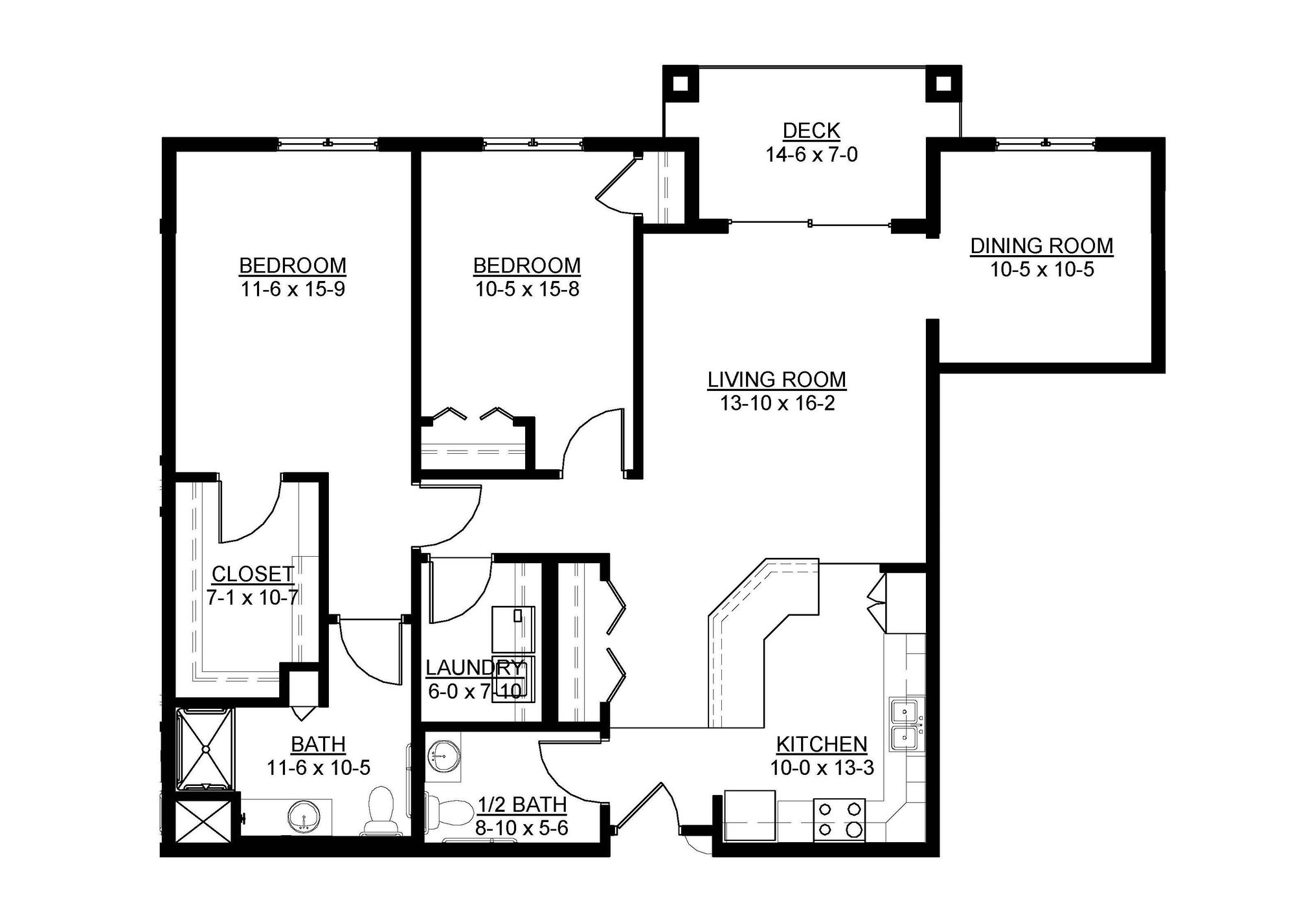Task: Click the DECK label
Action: [811, 131]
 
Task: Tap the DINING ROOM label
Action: [1041, 246]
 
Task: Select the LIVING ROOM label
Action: [776, 379]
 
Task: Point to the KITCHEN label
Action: [821, 744]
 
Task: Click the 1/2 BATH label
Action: [522, 805]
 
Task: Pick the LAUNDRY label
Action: [474, 667]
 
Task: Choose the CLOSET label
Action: [253, 574]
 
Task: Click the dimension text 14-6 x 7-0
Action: [811, 155]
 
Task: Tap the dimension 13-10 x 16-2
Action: [777, 403]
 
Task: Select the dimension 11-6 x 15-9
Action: [293, 289]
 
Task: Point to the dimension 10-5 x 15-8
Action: [527, 289]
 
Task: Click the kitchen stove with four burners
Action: [839, 820]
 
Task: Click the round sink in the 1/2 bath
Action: [443, 754]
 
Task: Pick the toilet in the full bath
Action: [380, 809]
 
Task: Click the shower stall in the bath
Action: [205, 748]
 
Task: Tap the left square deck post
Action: [680, 84]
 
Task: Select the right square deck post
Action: [943, 84]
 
